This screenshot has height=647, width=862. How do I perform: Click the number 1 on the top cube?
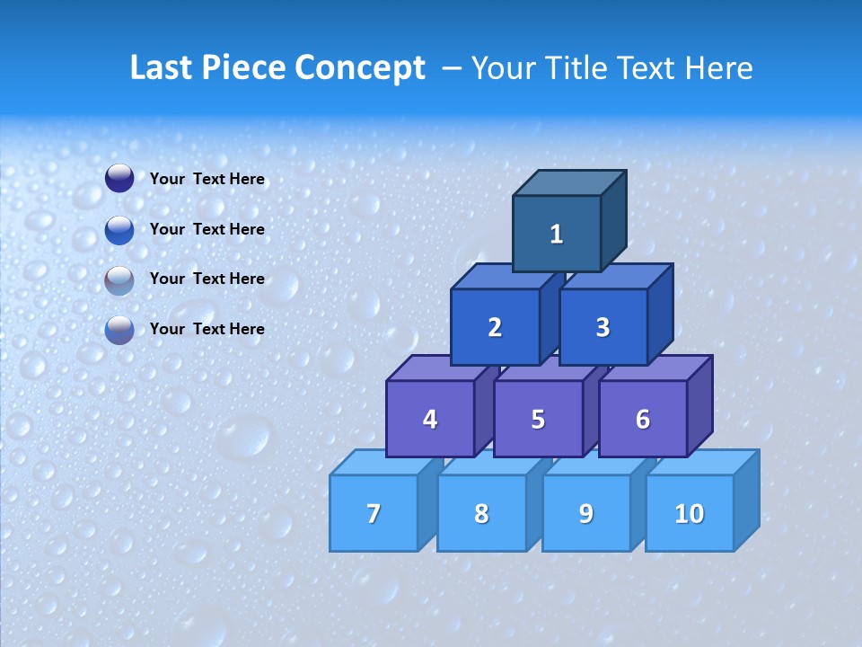[557, 235]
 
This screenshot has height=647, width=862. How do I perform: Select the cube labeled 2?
[495, 327]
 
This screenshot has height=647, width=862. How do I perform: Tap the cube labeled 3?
[603, 327]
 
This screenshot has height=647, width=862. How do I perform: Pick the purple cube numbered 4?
[430, 419]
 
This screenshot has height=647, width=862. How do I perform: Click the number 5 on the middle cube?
[538, 419]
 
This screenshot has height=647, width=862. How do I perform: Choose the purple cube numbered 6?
[643, 419]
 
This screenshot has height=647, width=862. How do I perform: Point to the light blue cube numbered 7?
[374, 513]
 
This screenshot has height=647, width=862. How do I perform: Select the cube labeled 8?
[481, 513]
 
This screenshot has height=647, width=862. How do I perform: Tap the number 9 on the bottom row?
[585, 513]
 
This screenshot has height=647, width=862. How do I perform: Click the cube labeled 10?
[689, 513]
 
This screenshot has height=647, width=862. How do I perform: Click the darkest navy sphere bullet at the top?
[119, 179]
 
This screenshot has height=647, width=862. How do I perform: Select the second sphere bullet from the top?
[119, 229]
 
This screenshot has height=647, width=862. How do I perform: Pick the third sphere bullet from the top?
[119, 279]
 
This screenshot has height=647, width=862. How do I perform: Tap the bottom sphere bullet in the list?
[119, 329]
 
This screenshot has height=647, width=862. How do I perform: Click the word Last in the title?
[161, 68]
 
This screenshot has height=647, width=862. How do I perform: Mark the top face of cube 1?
[569, 182]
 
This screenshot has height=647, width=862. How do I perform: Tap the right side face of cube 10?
[746, 500]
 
